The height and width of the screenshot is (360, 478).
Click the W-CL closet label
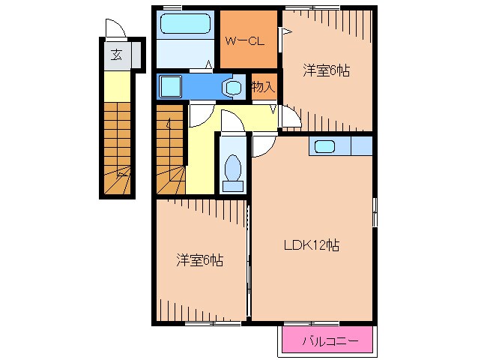[x=244, y=41]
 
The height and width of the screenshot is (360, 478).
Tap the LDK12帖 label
[x=312, y=245]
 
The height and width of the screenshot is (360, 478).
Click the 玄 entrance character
[x=116, y=55]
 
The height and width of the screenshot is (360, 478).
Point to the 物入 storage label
[x=264, y=87]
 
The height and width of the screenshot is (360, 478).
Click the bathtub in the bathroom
[x=185, y=24]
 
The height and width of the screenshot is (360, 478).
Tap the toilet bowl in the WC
[x=233, y=168]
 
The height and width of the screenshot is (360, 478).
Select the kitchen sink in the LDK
[x=324, y=147]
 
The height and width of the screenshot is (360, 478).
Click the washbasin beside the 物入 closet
[x=234, y=88]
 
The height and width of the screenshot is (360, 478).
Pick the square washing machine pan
[x=170, y=87]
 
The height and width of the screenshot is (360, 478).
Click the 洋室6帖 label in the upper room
[x=326, y=70]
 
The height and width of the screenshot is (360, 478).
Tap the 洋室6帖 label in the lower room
[x=200, y=260]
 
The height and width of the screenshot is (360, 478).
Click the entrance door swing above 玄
[x=116, y=28]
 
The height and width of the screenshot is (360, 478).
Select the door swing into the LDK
[x=264, y=145]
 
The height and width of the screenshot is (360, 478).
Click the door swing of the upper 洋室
[x=291, y=116]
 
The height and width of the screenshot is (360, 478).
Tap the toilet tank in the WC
[x=233, y=186]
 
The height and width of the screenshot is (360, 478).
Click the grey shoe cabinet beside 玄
[x=136, y=55]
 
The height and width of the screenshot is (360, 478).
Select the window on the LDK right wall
[x=375, y=212]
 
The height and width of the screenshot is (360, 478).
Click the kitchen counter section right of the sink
[x=362, y=146]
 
